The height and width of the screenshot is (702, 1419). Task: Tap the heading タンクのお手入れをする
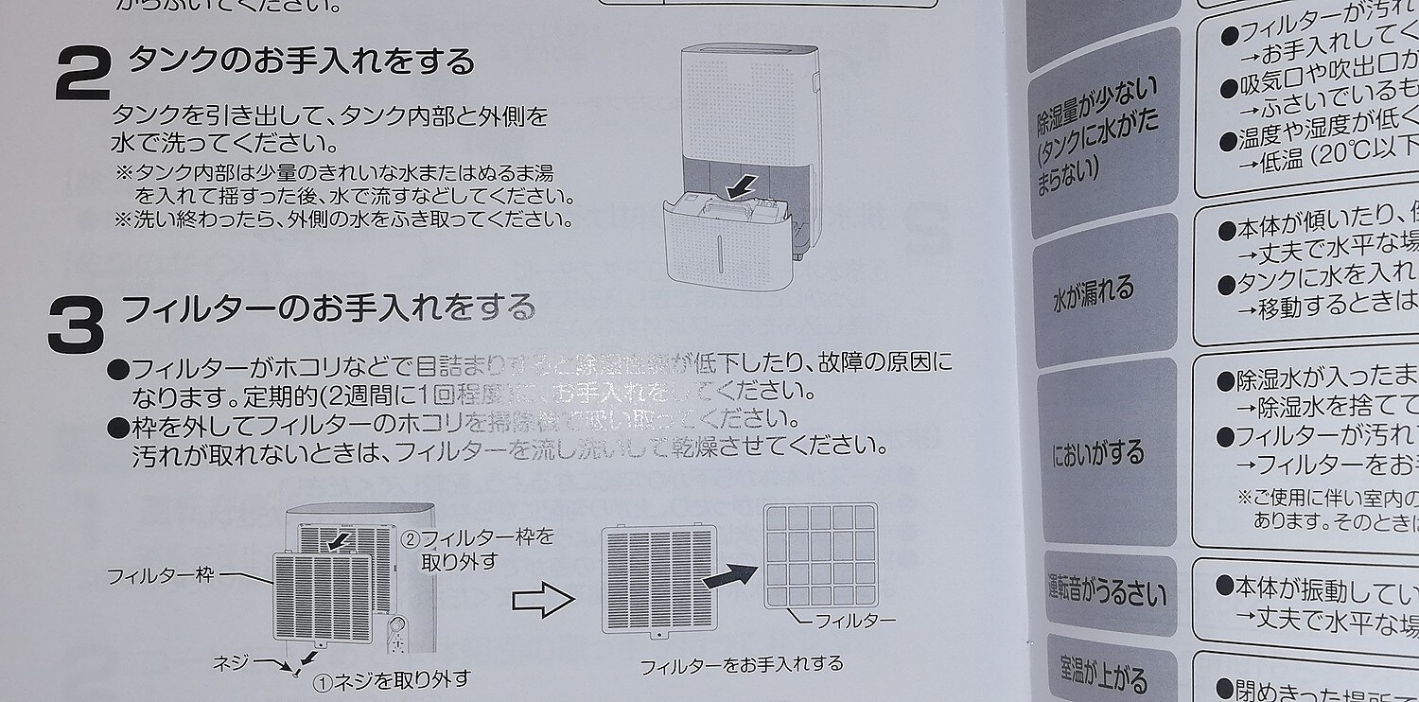(301, 61)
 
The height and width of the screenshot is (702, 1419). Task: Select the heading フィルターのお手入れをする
(328, 308)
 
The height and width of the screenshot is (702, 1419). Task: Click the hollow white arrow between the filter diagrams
(543, 599)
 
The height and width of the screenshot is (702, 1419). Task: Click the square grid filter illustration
(820, 555)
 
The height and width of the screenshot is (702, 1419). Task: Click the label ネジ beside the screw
(232, 659)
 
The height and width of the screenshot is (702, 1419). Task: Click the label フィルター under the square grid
(854, 621)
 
